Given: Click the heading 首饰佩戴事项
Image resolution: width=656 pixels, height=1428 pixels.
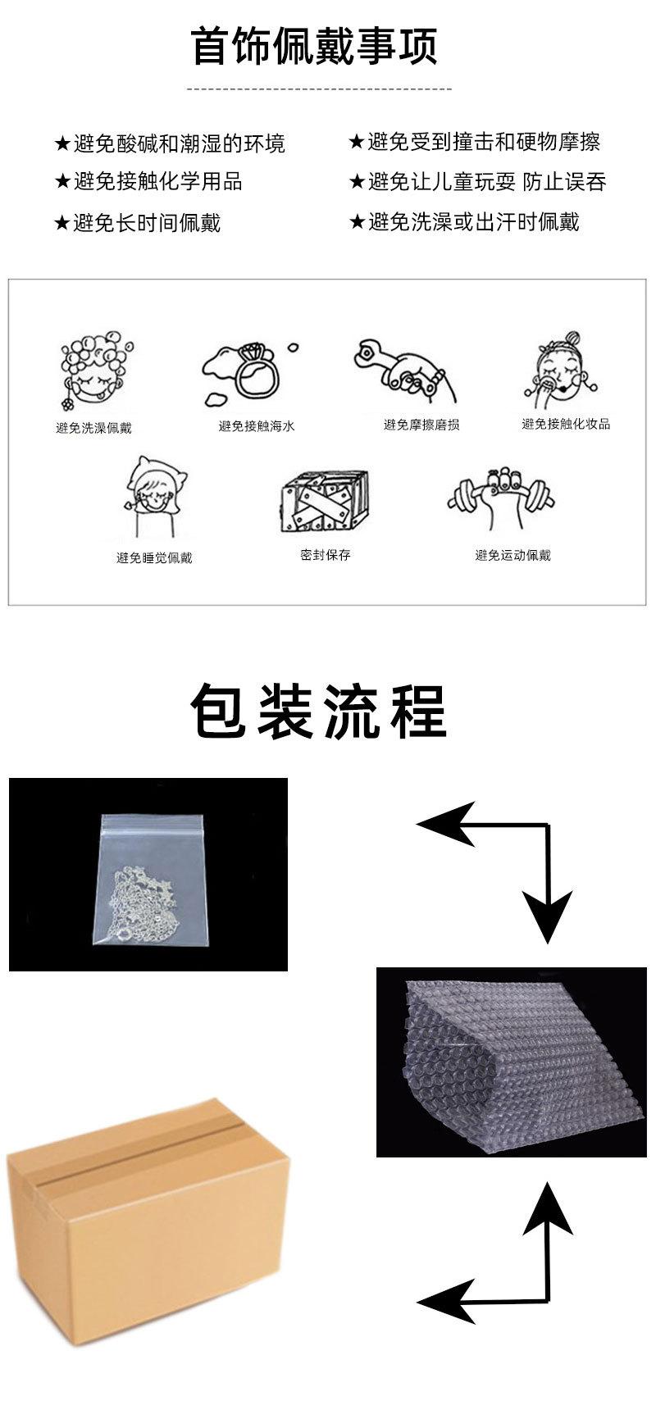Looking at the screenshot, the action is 314,45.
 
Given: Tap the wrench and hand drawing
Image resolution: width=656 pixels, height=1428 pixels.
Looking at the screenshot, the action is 399,368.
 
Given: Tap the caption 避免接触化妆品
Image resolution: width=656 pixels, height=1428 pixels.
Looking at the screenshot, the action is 566,424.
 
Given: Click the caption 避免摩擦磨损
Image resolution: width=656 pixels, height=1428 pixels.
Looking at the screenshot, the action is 421,425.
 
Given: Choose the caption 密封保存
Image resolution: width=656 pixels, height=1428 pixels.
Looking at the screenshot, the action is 326,555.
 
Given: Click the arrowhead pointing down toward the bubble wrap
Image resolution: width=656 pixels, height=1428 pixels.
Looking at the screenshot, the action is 548,917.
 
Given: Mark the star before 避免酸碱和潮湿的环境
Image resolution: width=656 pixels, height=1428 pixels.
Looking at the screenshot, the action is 62,144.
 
